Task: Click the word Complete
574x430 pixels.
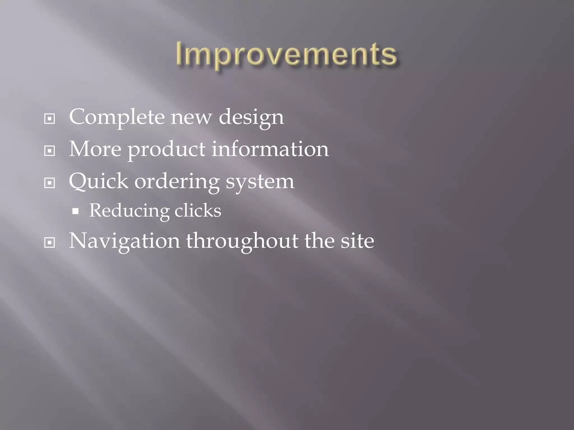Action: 117,117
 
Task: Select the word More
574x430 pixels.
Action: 95,149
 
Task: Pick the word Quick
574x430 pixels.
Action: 98,181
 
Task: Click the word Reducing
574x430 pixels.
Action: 129,211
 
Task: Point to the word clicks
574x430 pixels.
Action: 198,210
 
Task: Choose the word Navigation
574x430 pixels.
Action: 124,241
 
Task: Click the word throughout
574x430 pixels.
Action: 242,241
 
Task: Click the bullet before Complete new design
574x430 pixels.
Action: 50,119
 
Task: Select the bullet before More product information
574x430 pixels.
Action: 50,151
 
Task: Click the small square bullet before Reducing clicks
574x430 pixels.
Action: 75,211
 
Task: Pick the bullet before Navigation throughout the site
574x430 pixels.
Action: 50,243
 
